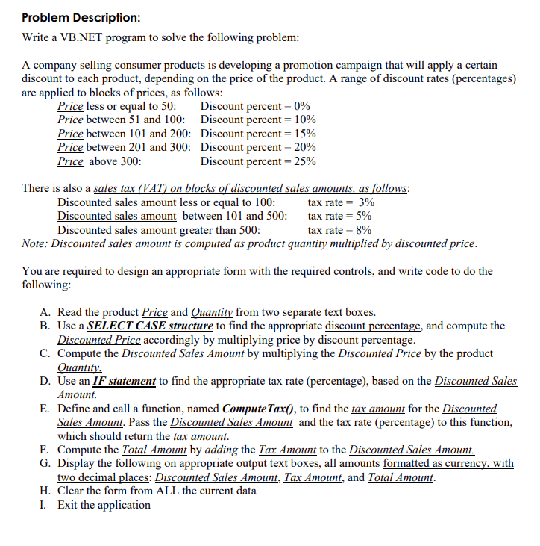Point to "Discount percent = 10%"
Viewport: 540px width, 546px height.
[x=259, y=120]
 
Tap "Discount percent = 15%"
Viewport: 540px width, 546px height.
[x=259, y=133]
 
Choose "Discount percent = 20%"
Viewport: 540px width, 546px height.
[x=259, y=147]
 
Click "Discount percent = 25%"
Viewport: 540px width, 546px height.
[x=259, y=161]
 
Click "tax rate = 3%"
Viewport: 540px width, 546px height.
[x=341, y=202]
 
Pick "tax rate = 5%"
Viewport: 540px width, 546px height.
[x=341, y=216]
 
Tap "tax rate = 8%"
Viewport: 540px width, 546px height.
[x=341, y=230]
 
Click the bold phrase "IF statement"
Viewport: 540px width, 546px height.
[x=124, y=381]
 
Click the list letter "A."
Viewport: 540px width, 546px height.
[x=45, y=312]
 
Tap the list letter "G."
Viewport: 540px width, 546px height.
[x=45, y=463]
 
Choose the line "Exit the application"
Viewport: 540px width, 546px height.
[x=104, y=505]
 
